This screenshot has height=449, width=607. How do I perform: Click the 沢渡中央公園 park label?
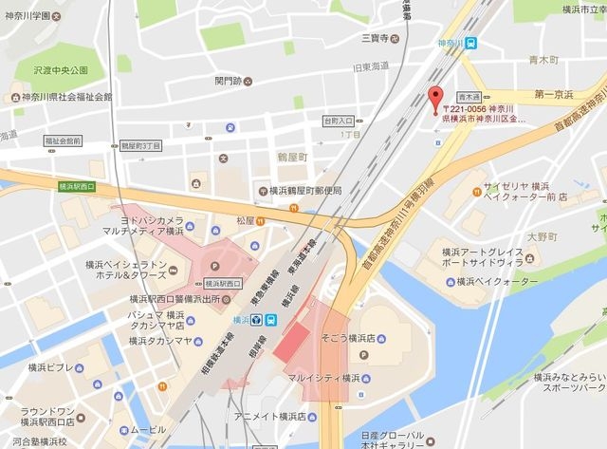[60, 70]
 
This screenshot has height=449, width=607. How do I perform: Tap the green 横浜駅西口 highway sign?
[77, 186]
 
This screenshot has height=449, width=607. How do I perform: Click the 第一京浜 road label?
[557, 95]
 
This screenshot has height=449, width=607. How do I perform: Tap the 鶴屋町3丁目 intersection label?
[141, 145]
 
